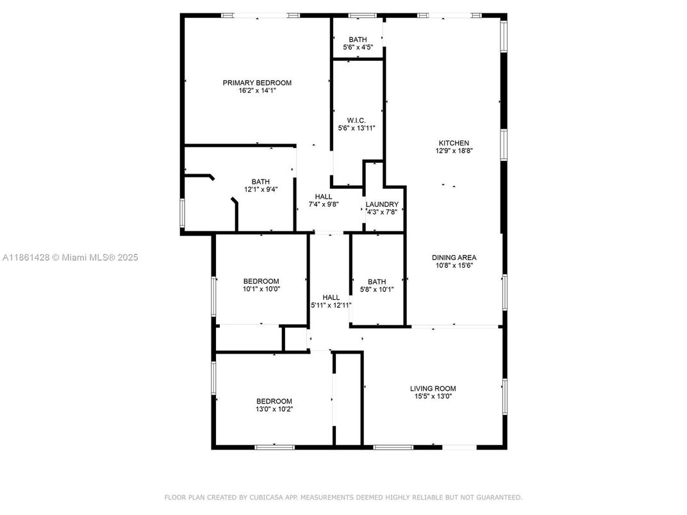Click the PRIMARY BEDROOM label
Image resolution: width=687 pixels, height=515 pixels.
coord(257,83)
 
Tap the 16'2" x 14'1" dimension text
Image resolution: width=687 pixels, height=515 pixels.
coord(257,91)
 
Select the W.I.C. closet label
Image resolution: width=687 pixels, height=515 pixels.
coord(356,120)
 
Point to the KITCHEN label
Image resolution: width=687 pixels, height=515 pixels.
coord(454,143)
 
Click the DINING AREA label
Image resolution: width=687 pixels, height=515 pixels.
coord(454,257)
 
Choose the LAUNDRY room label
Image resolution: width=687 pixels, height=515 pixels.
coord(382,204)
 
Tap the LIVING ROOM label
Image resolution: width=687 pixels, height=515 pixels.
coord(433,388)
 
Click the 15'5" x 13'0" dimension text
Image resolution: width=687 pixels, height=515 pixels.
coord(433,396)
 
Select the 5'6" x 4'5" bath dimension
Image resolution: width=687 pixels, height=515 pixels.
coord(358,47)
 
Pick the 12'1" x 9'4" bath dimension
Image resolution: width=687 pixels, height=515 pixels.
coord(261,190)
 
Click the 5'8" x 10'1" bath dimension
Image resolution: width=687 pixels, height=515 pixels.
coord(377,290)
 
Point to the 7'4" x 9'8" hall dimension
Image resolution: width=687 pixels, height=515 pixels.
coord(324,204)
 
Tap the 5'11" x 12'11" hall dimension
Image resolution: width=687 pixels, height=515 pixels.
coord(331,306)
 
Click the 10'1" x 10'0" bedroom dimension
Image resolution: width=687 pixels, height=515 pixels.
coord(261,289)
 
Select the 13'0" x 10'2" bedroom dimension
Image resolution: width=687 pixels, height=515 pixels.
coord(274,409)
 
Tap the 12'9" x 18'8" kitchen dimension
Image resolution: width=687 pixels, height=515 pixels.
coord(454,151)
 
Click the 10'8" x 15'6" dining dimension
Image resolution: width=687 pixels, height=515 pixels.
coord(454,265)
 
